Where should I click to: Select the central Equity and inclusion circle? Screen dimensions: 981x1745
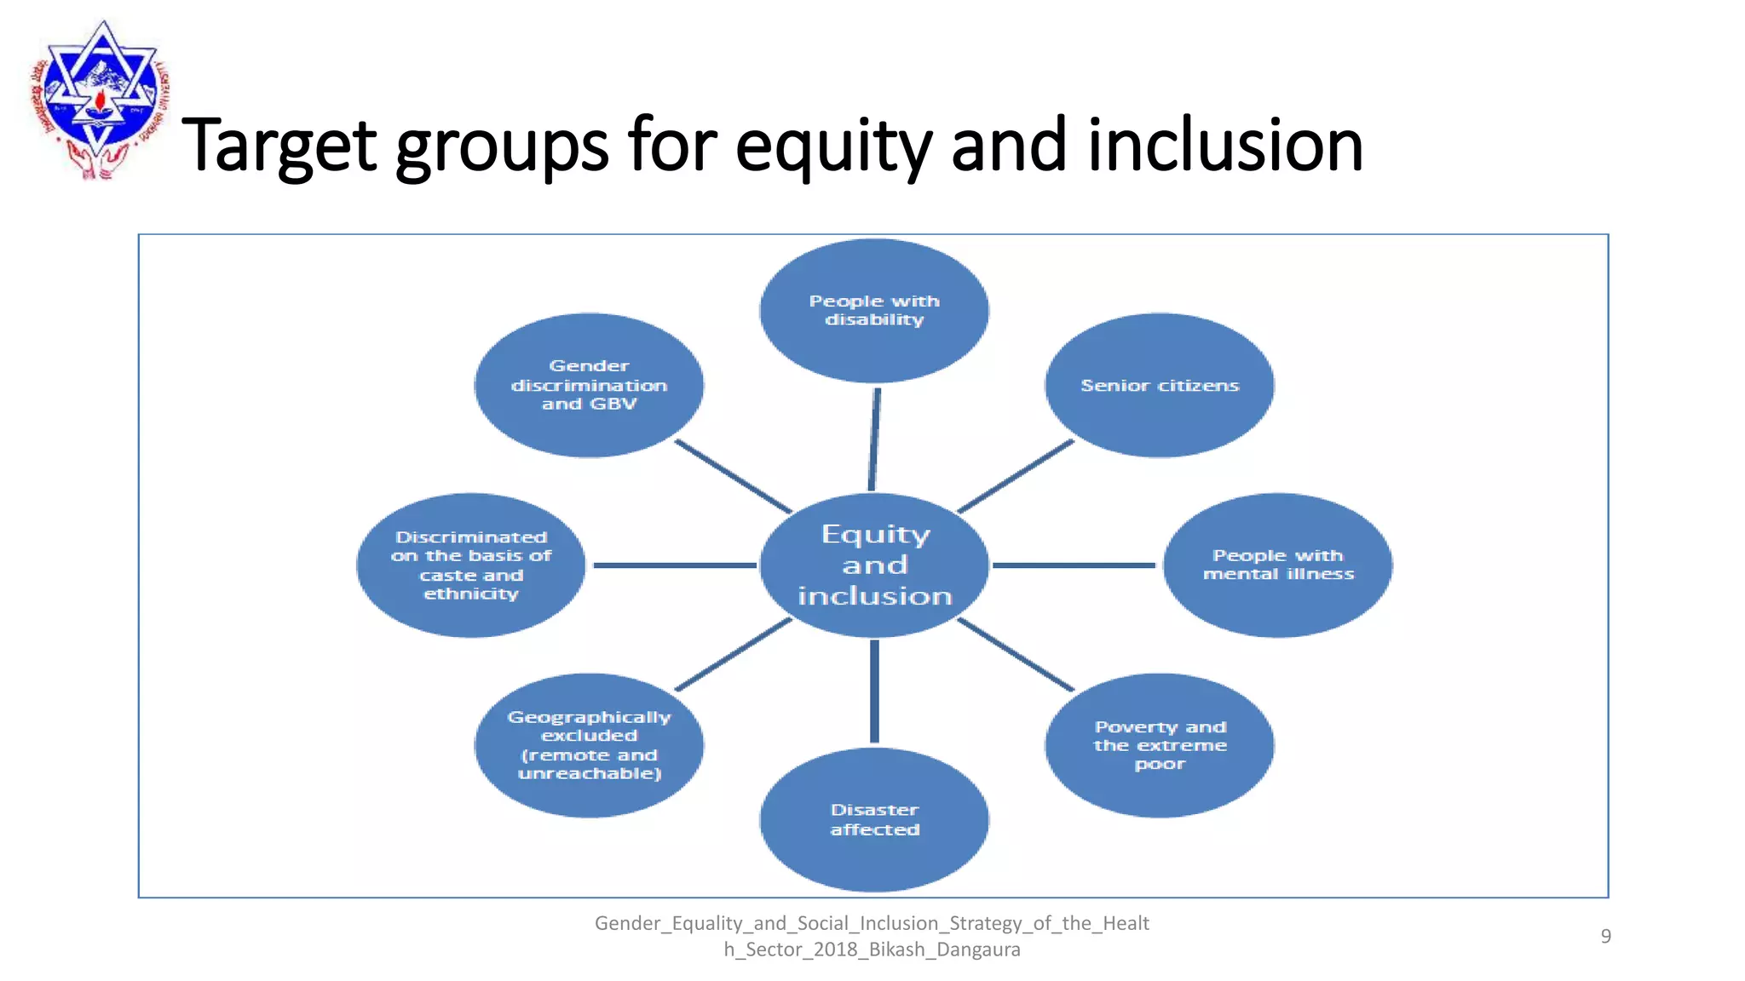point(874,565)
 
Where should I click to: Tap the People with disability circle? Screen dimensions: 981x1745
point(874,310)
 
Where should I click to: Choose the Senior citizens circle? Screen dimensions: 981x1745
point(1160,385)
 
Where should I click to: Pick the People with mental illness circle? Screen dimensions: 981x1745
point(1278,565)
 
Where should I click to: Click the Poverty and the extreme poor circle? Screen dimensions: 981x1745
point(1160,745)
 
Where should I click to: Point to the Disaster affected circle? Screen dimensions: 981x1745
point(874,819)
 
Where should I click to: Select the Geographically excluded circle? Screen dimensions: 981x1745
point(589,745)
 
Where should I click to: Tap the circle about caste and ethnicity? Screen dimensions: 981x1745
point(471,565)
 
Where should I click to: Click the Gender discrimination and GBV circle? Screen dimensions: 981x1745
point(589,385)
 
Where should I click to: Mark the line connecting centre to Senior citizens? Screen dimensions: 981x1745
point(1016,476)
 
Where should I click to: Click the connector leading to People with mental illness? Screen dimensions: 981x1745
point(1074,565)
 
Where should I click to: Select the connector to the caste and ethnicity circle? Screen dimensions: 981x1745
point(674,565)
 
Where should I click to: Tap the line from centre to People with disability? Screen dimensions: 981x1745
point(874,438)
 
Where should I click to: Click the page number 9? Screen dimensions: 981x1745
point(1605,936)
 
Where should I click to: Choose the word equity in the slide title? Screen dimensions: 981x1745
point(833,146)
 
